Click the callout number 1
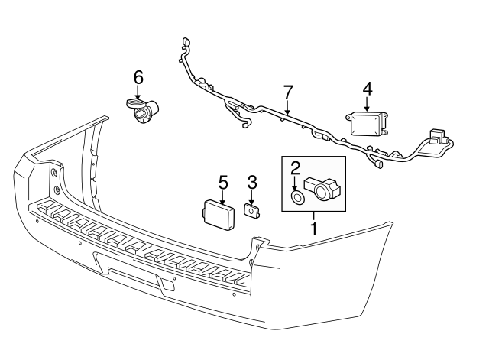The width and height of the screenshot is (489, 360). pos(313,227)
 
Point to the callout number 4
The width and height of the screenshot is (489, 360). pos(368,89)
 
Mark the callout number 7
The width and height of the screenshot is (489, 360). pos(287,92)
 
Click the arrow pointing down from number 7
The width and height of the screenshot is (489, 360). pos(287,109)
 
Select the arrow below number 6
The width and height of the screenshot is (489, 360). pos(138,92)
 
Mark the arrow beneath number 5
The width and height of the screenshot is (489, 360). pos(223,196)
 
